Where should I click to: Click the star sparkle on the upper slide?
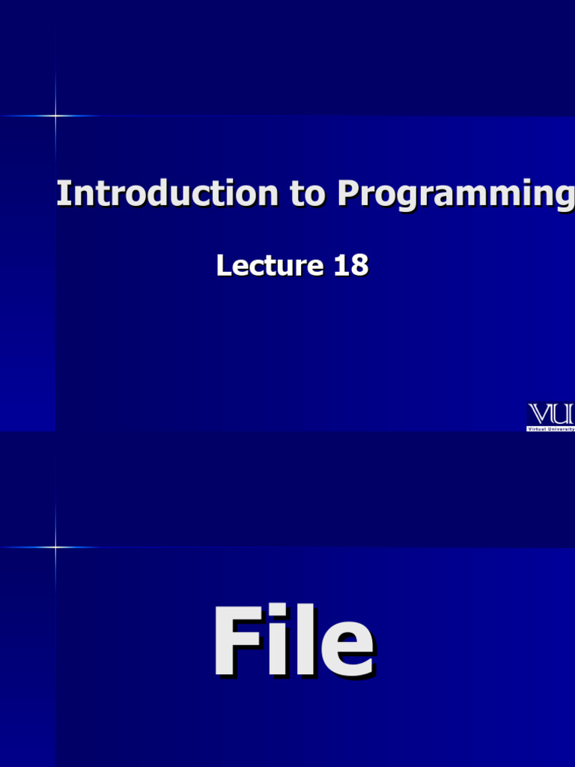pyautogui.click(x=55, y=115)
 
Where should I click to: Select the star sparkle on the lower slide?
pyautogui.click(x=55, y=547)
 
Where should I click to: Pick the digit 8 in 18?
pyautogui.click(x=359, y=265)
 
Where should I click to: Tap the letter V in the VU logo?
pyautogui.click(x=541, y=414)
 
